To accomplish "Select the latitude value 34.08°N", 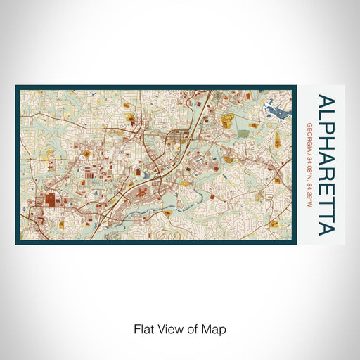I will (309, 168).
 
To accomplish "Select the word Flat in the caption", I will (143, 329).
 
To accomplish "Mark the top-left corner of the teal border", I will (17, 87).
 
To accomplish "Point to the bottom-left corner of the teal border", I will (17, 243).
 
